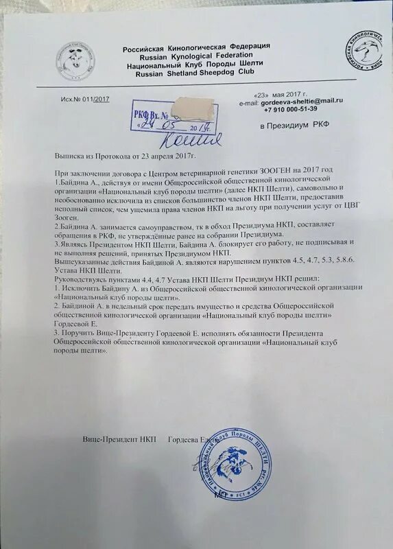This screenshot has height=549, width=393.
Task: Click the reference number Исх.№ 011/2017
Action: coord(85,100)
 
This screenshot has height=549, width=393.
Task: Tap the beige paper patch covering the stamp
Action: coord(195,108)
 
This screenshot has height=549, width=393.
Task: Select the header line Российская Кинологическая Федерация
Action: coord(196,46)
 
